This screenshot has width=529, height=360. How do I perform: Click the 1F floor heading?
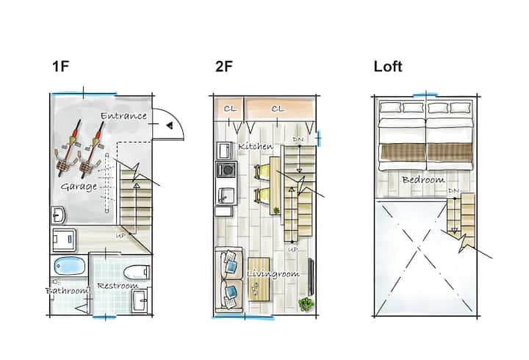tap(61, 66)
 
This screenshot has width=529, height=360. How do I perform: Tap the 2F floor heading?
tap(224, 66)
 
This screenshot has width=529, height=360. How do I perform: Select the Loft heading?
tap(388, 66)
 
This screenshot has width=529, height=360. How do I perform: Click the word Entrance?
tap(124, 116)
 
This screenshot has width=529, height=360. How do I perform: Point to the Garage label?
tap(79, 187)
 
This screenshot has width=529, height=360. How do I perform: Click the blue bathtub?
tap(70, 266)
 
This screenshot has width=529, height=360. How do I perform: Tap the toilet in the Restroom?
tap(137, 273)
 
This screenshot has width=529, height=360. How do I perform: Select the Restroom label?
tap(118, 286)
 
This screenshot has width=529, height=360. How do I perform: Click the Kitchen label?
tap(256, 146)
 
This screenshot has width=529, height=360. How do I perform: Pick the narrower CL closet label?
tap(230, 109)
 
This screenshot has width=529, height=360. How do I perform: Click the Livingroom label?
tap(273, 274)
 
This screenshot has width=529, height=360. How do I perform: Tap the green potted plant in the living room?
tap(306, 304)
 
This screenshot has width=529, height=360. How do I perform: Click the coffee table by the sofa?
tap(259, 279)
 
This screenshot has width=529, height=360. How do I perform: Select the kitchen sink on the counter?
tap(226, 195)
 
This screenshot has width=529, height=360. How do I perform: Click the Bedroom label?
tap(423, 180)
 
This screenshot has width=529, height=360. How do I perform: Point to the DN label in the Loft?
tap(453, 191)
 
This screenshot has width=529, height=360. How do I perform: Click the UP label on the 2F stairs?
tap(293, 250)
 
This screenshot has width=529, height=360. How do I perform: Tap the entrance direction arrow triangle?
tap(170, 126)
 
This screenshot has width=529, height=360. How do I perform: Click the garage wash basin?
tap(58, 215)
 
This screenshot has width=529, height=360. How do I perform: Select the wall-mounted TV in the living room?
tap(311, 277)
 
